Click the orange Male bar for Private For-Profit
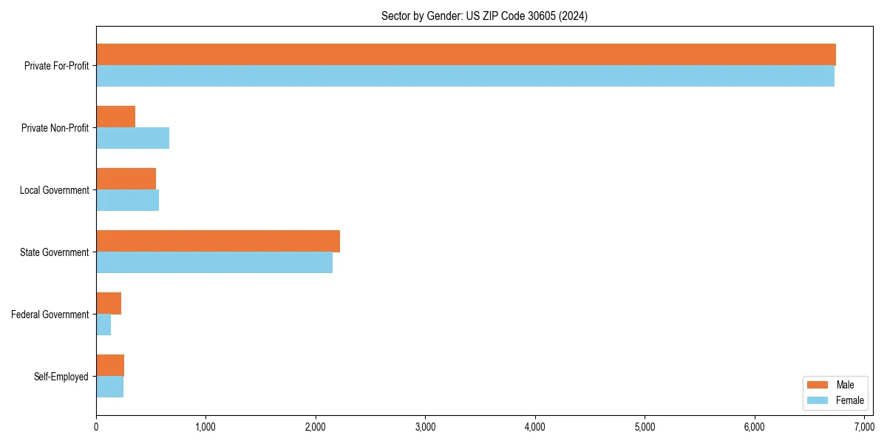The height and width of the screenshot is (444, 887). (x=466, y=55)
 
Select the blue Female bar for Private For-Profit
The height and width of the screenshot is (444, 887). (x=465, y=76)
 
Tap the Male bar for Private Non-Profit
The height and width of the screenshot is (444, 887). (x=115, y=117)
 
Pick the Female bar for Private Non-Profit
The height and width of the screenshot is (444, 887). (x=132, y=138)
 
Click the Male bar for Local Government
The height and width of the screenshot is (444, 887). (x=126, y=179)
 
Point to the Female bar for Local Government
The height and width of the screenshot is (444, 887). (x=127, y=201)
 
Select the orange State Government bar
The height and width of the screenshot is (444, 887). (x=218, y=241)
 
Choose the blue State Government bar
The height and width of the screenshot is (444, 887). (x=214, y=263)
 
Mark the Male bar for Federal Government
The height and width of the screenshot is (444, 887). (x=109, y=303)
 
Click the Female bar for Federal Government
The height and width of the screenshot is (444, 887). (x=103, y=325)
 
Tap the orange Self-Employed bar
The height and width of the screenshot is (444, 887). (x=110, y=366)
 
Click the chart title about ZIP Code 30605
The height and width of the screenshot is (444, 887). (x=484, y=16)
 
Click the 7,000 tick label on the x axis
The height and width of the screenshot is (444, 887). (x=864, y=427)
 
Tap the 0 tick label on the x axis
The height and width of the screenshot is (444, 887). (x=96, y=427)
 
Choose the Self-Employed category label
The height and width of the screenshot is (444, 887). (x=61, y=377)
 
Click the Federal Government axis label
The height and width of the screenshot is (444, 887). (x=50, y=314)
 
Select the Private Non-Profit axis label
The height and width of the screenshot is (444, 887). (x=55, y=128)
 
